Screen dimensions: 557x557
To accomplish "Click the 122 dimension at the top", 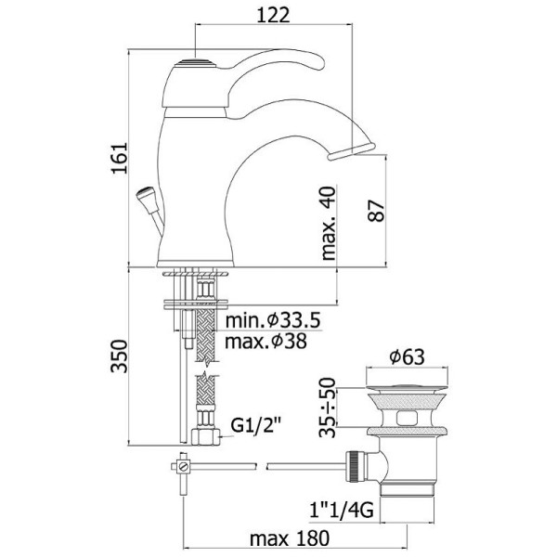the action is tap(273, 15).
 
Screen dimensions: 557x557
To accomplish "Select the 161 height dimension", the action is tap(120, 158).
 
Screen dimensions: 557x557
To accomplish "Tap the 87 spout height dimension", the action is tap(376, 211).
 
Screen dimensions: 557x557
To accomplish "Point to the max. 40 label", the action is tap(329, 223).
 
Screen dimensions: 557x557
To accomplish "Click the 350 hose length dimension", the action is tap(119, 356).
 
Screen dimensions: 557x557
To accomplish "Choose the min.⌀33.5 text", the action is tap(273, 320).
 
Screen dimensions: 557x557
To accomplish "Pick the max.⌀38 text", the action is tap(266, 342).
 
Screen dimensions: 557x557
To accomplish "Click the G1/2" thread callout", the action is tap(256, 425).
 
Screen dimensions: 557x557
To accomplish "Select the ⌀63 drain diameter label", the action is tap(407, 356).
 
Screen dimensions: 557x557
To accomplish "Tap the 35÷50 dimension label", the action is tap(328, 408).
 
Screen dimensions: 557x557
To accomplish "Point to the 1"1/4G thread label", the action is tap(342, 511).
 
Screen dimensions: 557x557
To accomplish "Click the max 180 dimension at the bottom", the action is tap(290, 538).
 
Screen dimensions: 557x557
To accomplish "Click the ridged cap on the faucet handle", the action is tap(195, 63).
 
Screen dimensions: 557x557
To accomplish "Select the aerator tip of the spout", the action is tap(351, 151).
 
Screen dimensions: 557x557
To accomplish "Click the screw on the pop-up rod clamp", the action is tap(184, 466).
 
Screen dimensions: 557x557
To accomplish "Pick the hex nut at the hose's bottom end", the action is tap(206, 437).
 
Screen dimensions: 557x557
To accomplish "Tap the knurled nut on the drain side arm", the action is tap(355, 467).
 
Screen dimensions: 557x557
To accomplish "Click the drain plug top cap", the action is tap(407, 387).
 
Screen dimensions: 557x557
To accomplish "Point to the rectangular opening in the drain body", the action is tap(408, 418).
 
